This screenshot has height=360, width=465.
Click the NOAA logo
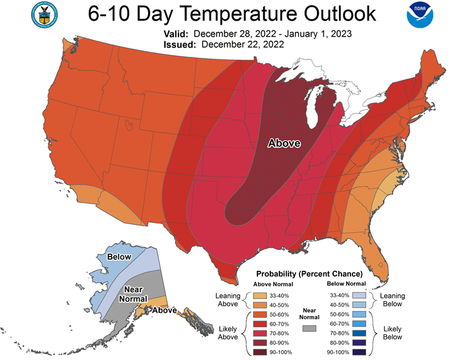[420, 15]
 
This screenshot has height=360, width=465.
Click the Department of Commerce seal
[45, 15]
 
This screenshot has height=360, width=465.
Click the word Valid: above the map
[176, 34]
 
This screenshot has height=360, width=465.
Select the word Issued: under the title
[180, 45]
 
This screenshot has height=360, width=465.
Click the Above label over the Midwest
[284, 143]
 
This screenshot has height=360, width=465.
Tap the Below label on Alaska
[119, 257]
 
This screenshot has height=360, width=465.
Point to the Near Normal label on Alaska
[133, 294]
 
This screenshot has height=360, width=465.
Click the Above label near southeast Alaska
[164, 310]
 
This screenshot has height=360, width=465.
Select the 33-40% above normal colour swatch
[260, 296]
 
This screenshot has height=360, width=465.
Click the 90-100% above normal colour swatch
[260, 352]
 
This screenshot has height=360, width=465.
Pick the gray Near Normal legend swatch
[309, 328]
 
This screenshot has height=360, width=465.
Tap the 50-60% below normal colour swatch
[359, 314]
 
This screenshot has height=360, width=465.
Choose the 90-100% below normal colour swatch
[359, 352]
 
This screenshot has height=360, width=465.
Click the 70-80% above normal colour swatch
[260, 334]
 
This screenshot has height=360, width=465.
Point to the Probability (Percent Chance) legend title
[309, 274]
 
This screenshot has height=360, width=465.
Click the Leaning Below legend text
[393, 300]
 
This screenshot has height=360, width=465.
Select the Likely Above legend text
[228, 333]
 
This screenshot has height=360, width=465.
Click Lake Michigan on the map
[314, 107]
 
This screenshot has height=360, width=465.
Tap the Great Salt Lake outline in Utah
[128, 125]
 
